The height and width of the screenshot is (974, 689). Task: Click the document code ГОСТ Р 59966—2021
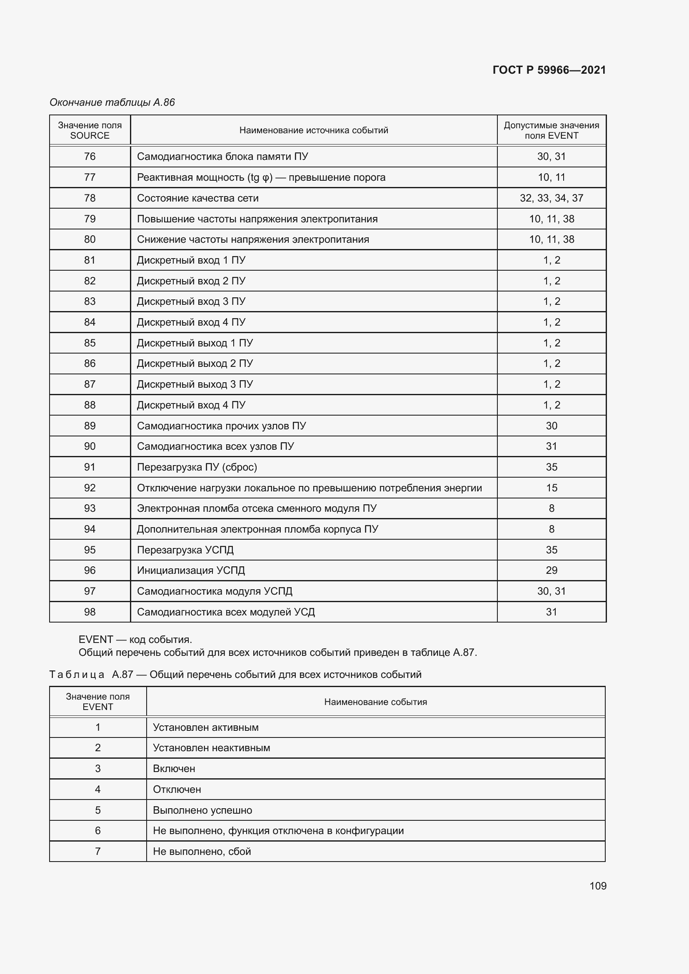click(x=549, y=70)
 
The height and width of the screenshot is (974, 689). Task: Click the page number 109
click(x=597, y=886)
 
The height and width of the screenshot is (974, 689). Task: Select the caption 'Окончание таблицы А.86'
click(x=112, y=102)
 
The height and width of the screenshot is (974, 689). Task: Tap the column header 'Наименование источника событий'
click(x=314, y=130)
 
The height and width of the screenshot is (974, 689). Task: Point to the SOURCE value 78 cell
click(x=90, y=198)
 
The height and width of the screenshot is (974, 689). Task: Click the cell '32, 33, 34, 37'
click(x=551, y=198)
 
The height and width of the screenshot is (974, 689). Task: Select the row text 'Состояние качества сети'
click(x=198, y=198)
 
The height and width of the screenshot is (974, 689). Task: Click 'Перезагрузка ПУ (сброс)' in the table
click(x=197, y=467)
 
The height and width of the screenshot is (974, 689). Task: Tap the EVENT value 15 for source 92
click(x=551, y=488)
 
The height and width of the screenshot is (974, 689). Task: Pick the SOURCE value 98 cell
click(x=90, y=612)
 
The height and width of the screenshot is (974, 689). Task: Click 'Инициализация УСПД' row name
click(x=191, y=570)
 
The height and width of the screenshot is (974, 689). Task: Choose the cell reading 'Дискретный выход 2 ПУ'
click(x=195, y=364)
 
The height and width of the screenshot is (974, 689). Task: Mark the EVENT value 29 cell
click(x=551, y=570)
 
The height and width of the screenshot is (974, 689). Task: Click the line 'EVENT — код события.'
click(x=135, y=639)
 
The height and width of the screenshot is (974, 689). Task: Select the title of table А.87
click(x=235, y=675)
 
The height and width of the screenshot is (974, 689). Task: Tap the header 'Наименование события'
click(x=375, y=702)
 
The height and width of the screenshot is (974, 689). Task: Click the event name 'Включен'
click(x=174, y=769)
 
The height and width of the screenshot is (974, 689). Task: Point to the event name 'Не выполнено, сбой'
click(x=202, y=852)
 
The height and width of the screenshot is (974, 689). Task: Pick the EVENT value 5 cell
click(x=97, y=810)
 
